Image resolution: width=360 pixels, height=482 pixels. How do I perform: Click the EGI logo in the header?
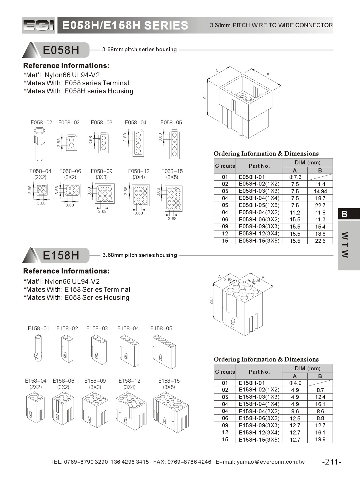point(38,25)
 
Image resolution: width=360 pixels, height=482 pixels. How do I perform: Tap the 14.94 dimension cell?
point(320,191)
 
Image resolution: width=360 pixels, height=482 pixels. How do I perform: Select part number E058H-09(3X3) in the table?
point(259,227)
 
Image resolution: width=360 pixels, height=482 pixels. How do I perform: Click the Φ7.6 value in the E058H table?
point(295,177)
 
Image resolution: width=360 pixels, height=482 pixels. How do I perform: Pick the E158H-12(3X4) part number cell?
point(259,432)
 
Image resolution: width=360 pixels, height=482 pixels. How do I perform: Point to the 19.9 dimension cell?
point(320,440)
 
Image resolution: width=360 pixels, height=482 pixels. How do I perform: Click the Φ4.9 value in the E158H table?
point(295,383)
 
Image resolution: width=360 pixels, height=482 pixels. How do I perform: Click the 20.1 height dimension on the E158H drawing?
point(211,300)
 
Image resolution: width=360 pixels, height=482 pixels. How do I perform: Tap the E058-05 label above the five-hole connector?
point(171,123)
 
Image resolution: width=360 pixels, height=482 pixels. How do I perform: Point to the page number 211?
point(332,462)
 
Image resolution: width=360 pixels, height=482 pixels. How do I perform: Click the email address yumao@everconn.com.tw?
point(271,462)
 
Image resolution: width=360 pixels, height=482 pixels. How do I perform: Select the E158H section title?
point(61,255)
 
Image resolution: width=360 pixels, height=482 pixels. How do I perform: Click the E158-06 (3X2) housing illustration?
point(63,408)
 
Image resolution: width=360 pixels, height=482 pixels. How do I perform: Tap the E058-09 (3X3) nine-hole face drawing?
point(105,194)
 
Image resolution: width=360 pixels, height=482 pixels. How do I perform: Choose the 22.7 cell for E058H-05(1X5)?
point(320,205)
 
